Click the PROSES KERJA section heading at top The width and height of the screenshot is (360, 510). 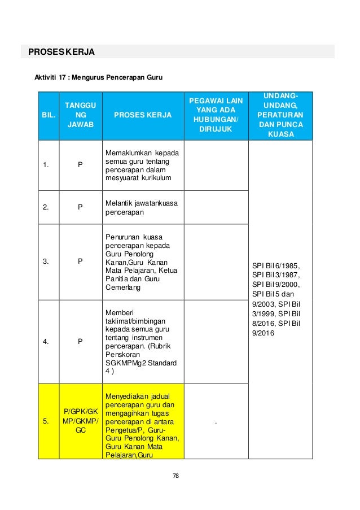[58, 53]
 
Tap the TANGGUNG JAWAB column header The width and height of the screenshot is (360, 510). [80, 116]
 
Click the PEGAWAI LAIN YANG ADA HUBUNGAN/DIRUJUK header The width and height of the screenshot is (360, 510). [216, 116]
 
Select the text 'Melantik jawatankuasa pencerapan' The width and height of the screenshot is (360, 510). [137, 207]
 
